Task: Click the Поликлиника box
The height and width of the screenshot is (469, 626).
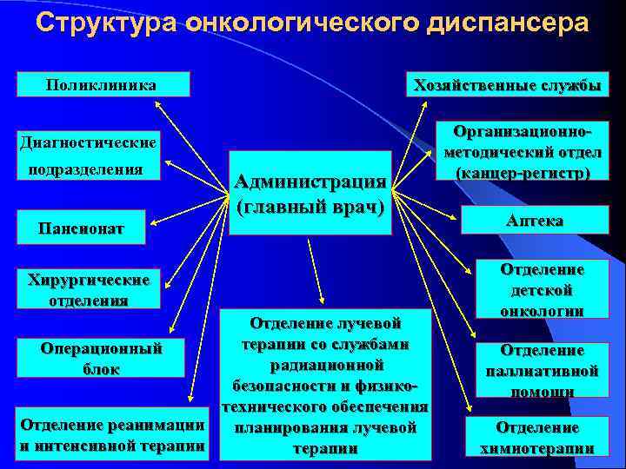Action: (103, 84)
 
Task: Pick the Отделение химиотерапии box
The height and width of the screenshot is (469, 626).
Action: (536, 437)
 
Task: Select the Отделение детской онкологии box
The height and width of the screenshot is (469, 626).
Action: (541, 290)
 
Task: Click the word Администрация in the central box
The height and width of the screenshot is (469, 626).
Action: (310, 181)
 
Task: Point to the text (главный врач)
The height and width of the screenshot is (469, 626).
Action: (310, 208)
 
